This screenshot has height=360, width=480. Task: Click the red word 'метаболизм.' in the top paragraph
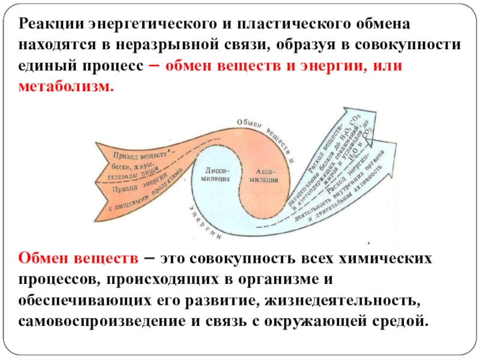click(x=66, y=87)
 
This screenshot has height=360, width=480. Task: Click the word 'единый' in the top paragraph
click(x=47, y=66)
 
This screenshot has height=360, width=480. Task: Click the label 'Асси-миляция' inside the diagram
click(x=263, y=174)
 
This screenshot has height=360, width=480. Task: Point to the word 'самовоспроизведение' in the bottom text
click(x=101, y=320)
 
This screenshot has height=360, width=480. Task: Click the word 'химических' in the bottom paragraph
click(x=389, y=259)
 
